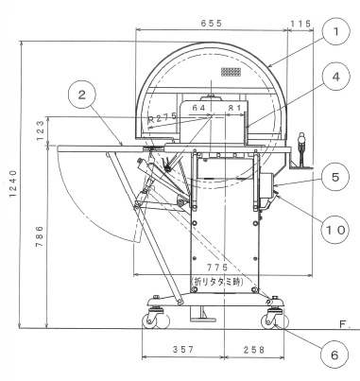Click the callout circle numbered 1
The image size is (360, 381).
[336, 31]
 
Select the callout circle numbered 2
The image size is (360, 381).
[82, 95]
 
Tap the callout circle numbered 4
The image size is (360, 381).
[336, 77]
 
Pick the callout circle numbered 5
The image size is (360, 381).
[335, 177]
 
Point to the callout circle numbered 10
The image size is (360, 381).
[335, 230]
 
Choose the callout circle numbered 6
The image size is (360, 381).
[334, 355]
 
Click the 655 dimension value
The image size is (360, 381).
[212, 23]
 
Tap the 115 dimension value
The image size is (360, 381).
[300, 24]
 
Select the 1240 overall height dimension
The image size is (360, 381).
[12, 183]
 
